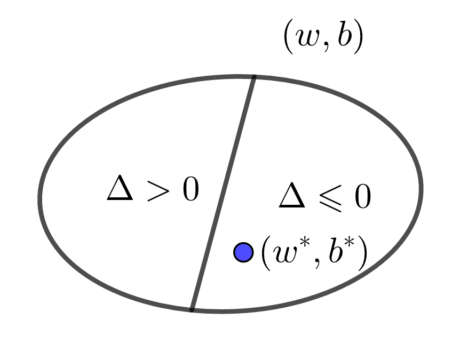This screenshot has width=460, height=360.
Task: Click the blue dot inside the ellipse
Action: tap(243, 252)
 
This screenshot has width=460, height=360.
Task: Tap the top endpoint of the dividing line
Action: tap(254, 77)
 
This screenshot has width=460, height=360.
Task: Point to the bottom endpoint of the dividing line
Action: tap(192, 309)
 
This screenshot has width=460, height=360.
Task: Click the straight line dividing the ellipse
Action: tap(223, 193)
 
